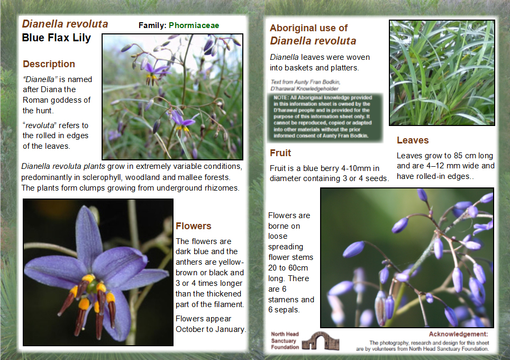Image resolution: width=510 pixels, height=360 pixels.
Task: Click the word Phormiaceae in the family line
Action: coord(194,25)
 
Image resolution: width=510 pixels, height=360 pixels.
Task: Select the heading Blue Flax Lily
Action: coord(56,38)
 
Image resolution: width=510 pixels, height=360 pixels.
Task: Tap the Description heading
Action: coord(49,64)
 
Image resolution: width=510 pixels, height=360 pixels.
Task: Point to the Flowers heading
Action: coord(193,226)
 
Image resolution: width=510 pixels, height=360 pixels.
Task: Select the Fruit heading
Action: coord(280,153)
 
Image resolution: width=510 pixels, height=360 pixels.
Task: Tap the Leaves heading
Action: coord(413,140)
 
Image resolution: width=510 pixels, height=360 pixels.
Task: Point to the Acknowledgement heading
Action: coord(458,334)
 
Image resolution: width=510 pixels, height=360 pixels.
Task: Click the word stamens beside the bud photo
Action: coord(284,299)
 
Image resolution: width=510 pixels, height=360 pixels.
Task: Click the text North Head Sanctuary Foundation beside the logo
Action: coord(285,340)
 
